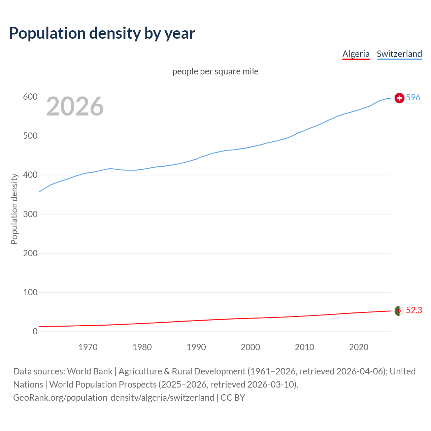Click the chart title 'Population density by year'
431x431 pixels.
click(102, 33)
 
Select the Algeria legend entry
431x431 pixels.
click(356, 54)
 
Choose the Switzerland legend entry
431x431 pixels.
click(399, 54)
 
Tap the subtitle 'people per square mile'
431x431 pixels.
click(215, 71)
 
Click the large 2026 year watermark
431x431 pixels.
click(75, 106)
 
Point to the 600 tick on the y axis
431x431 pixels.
click(30, 97)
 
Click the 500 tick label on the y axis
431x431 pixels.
click(30, 136)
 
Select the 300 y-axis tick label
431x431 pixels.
click(30, 214)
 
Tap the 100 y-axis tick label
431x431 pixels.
click(30, 292)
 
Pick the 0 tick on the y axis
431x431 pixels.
click(35, 331)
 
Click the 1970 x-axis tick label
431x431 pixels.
click(88, 347)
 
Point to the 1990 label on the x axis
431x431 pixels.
click(196, 347)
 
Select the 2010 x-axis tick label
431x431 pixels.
click(304, 347)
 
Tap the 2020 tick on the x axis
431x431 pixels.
click(359, 347)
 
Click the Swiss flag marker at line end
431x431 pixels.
click(399, 98)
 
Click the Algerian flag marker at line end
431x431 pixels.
click(399, 311)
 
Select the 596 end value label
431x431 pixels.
click(413, 97)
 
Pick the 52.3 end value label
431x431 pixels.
click(414, 310)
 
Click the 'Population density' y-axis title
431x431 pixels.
click(14, 209)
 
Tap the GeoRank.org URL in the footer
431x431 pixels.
click(113, 398)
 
